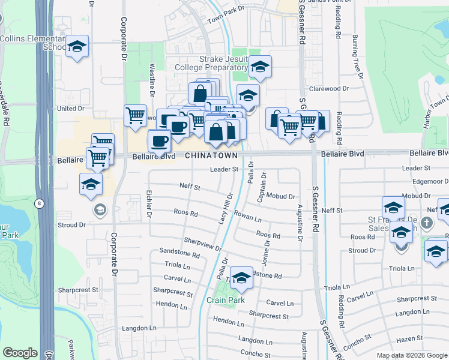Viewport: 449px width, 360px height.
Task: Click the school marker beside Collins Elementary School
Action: click(x=77, y=46)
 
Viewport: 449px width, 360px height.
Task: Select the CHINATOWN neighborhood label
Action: click(x=212, y=155)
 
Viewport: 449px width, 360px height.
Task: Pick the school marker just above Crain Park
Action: click(x=241, y=278)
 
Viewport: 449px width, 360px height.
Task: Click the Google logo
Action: click(x=20, y=353)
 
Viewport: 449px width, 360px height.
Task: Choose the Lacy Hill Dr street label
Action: click(x=225, y=209)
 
